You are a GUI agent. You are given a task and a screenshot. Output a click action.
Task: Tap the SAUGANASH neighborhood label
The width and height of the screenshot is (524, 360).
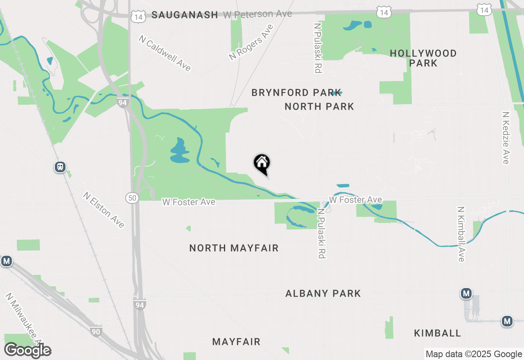(x=185, y=15)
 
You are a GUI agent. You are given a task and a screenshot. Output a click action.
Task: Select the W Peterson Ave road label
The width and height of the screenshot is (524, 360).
(x=257, y=14)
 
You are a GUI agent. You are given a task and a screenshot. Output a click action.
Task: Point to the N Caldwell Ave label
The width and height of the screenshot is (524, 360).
(x=165, y=53)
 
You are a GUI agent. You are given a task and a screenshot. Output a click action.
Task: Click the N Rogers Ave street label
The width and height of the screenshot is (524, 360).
(x=251, y=43)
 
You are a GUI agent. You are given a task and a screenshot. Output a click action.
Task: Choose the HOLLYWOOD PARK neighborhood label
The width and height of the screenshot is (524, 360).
(x=423, y=58)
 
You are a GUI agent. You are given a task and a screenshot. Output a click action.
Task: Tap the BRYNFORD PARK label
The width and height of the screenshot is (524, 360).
(x=296, y=93)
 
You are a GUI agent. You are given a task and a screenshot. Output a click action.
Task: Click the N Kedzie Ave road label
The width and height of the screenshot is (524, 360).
(x=506, y=137)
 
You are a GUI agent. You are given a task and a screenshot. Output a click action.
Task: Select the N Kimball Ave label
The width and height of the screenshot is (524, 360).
(x=461, y=234)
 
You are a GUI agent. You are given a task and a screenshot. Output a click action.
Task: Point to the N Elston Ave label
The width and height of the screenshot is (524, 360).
(x=103, y=210)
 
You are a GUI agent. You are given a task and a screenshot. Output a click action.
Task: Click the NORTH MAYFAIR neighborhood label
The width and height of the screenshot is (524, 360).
(x=234, y=248)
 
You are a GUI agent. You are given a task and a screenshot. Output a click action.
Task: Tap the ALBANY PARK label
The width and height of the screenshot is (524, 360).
(x=323, y=293)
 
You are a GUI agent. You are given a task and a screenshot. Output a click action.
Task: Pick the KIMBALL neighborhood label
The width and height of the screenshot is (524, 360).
(x=438, y=333)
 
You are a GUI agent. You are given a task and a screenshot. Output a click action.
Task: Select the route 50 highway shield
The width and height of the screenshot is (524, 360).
(x=132, y=198)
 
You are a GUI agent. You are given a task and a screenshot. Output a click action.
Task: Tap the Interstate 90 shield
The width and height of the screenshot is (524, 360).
(x=96, y=331)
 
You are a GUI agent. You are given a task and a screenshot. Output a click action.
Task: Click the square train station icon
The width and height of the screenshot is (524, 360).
(x=60, y=167)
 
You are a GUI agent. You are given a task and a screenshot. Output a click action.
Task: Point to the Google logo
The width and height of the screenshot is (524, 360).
(x=28, y=351)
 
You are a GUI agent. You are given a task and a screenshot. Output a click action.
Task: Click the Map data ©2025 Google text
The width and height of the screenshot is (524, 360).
(x=474, y=354)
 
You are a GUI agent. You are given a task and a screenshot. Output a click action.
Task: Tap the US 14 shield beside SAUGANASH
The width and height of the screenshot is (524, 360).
(x=138, y=17)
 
